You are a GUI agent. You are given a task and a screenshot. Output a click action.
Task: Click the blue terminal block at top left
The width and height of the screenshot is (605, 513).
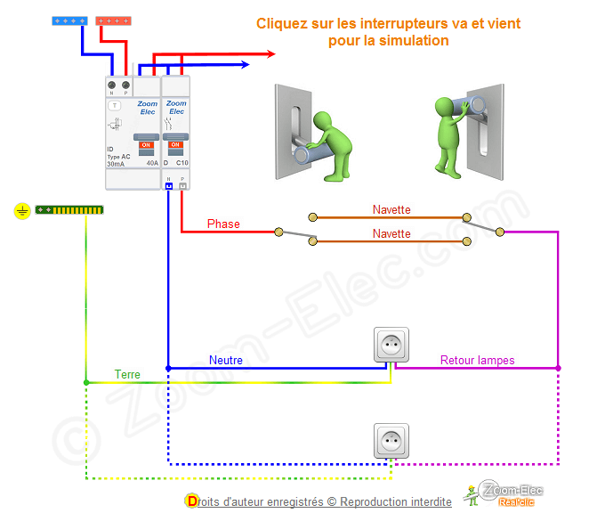click(69, 20)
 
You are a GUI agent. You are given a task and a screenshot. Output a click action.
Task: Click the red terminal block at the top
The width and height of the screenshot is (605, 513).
click(114, 20)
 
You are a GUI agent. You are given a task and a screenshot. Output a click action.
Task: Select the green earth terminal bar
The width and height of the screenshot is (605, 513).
click(69, 211)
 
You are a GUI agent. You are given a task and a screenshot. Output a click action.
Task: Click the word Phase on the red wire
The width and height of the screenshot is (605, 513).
click(223, 224)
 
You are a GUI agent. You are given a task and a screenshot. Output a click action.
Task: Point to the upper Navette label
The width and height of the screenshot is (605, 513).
click(391, 210)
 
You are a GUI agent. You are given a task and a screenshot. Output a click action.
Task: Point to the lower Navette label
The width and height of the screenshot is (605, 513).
click(391, 234)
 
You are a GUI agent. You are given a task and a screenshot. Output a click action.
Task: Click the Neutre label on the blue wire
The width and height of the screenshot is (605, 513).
click(226, 361)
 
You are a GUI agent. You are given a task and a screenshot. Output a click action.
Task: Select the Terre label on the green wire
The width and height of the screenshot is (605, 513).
click(127, 375)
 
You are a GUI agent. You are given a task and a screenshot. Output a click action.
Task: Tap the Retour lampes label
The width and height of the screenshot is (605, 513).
click(478, 361)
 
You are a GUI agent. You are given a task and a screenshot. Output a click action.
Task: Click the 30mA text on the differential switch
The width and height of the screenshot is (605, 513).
click(116, 164)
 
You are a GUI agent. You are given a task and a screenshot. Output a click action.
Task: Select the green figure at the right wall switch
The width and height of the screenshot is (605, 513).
click(452, 138)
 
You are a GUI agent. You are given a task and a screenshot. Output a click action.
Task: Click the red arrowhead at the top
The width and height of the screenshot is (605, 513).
click(270, 53)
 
